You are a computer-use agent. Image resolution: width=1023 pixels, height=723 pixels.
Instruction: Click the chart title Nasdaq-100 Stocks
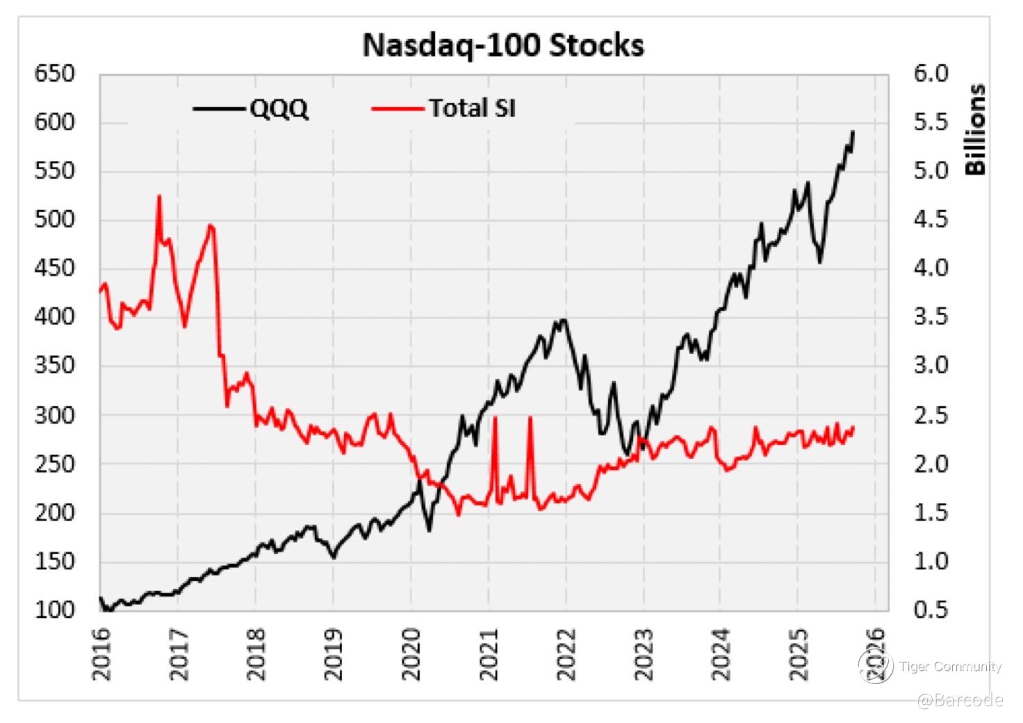(503, 46)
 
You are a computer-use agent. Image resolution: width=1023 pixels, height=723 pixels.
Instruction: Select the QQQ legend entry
(278, 108)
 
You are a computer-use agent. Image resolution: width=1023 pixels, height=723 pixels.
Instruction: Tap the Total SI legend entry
(471, 108)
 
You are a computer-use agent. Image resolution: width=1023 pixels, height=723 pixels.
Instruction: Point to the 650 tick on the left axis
(54, 74)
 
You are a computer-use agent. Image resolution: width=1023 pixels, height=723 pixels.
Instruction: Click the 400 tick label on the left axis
(54, 317)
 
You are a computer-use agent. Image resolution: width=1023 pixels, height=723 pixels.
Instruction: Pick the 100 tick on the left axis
(54, 610)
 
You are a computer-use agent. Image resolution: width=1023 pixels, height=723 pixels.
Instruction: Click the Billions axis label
(976, 130)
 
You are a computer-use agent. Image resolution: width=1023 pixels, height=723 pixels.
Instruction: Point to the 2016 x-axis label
(101, 654)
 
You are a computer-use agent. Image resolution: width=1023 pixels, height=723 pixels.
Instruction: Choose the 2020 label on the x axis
(412, 654)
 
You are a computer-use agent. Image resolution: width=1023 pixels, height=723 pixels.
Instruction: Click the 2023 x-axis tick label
(645, 654)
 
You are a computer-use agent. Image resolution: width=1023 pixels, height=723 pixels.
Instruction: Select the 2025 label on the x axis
(800, 654)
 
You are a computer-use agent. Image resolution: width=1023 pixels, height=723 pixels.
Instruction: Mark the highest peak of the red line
(159, 196)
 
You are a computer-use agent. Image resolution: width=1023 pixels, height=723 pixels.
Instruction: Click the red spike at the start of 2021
(495, 418)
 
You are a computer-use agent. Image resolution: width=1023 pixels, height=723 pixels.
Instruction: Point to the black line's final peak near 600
(853, 131)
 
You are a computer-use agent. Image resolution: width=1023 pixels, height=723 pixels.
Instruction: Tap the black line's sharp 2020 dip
(429, 530)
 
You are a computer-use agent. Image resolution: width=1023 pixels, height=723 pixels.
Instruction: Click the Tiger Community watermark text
(950, 667)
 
